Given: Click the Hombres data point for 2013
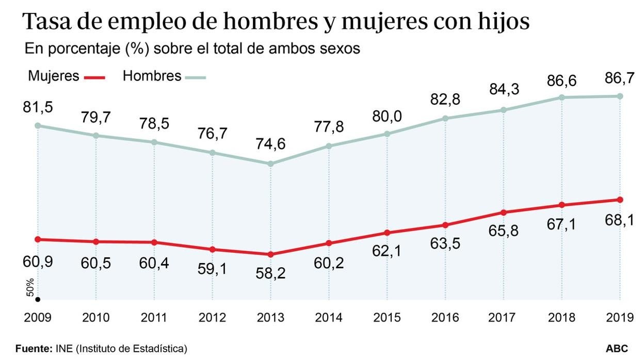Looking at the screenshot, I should pyautogui.click(x=270, y=163).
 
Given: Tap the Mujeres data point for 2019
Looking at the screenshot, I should pyautogui.click(x=620, y=200).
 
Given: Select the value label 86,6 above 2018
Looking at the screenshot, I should pyautogui.click(x=562, y=81).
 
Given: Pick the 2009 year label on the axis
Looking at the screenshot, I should pyautogui.click(x=38, y=317).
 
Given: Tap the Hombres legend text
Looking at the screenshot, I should pyautogui.click(x=152, y=76).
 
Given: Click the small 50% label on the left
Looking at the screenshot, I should pyautogui.click(x=30, y=287).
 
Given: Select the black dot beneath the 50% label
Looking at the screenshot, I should pyautogui.click(x=37, y=299).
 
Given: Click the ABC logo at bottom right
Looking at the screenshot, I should pyautogui.click(x=617, y=349).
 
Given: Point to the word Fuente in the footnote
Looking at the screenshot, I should pyautogui.click(x=34, y=349).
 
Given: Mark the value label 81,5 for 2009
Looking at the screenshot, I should pyautogui.click(x=38, y=108).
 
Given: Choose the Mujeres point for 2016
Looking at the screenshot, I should pyautogui.click(x=445, y=225).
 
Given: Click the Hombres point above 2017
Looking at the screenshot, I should pyautogui.click(x=504, y=110).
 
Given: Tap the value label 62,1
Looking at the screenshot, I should pyautogui.click(x=387, y=251).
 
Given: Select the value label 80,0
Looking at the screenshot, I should pyautogui.click(x=387, y=116).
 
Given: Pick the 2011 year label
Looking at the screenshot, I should pyautogui.click(x=154, y=317).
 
